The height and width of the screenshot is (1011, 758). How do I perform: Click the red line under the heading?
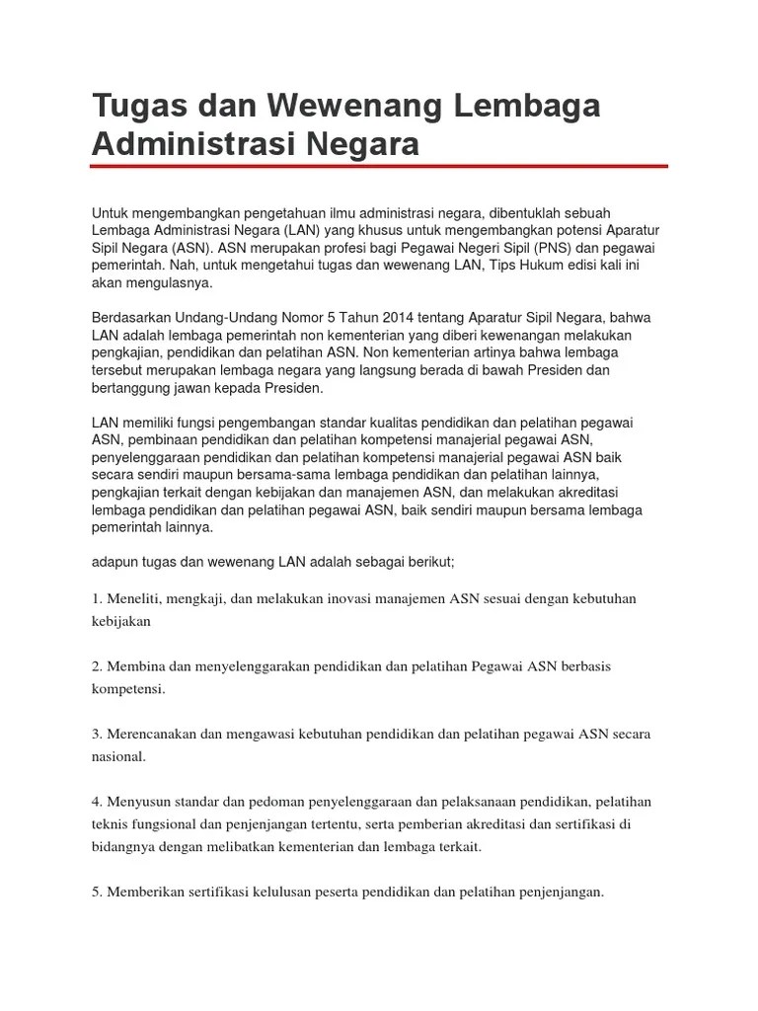point(379,166)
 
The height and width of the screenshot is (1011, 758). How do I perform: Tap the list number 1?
point(97,598)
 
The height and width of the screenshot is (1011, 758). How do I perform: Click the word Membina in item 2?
point(138,666)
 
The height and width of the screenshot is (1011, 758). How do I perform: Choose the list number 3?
point(97,734)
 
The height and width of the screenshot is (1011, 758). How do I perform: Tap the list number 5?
point(97,892)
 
